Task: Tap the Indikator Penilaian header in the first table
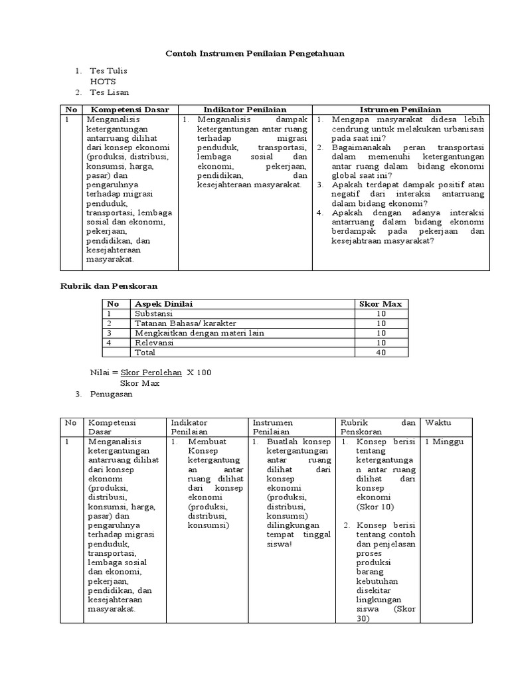244,110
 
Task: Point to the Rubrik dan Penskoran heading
105,285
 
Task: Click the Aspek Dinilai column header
163,303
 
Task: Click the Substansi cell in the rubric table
153,313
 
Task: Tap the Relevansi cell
154,343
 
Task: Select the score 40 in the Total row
381,353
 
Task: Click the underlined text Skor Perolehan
151,373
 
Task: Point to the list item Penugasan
111,394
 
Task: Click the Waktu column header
438,422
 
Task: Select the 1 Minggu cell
444,442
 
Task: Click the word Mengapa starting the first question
349,120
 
